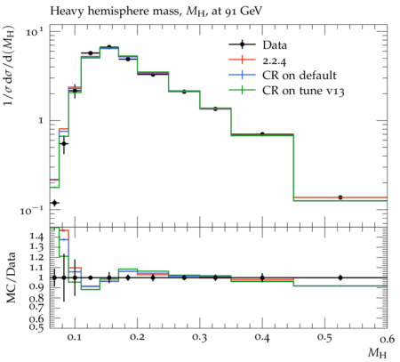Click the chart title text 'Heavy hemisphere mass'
(x=115, y=12)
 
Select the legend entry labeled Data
(x=258, y=45)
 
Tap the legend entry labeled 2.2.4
(x=258, y=60)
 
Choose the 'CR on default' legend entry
(x=283, y=76)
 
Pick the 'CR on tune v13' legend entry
(x=286, y=91)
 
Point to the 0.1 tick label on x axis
(x=75, y=338)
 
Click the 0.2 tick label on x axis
(x=138, y=338)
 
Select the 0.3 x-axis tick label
(x=200, y=338)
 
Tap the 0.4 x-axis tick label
(x=262, y=338)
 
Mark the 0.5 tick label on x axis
(x=324, y=338)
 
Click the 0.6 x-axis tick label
(x=387, y=338)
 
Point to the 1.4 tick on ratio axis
(x=36, y=237)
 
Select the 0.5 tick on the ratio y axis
(x=36, y=326)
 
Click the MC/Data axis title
(x=11, y=278)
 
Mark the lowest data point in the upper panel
(x=54, y=203)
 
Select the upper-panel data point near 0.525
(x=340, y=197)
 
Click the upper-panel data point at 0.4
(x=262, y=134)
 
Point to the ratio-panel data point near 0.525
(x=340, y=278)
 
